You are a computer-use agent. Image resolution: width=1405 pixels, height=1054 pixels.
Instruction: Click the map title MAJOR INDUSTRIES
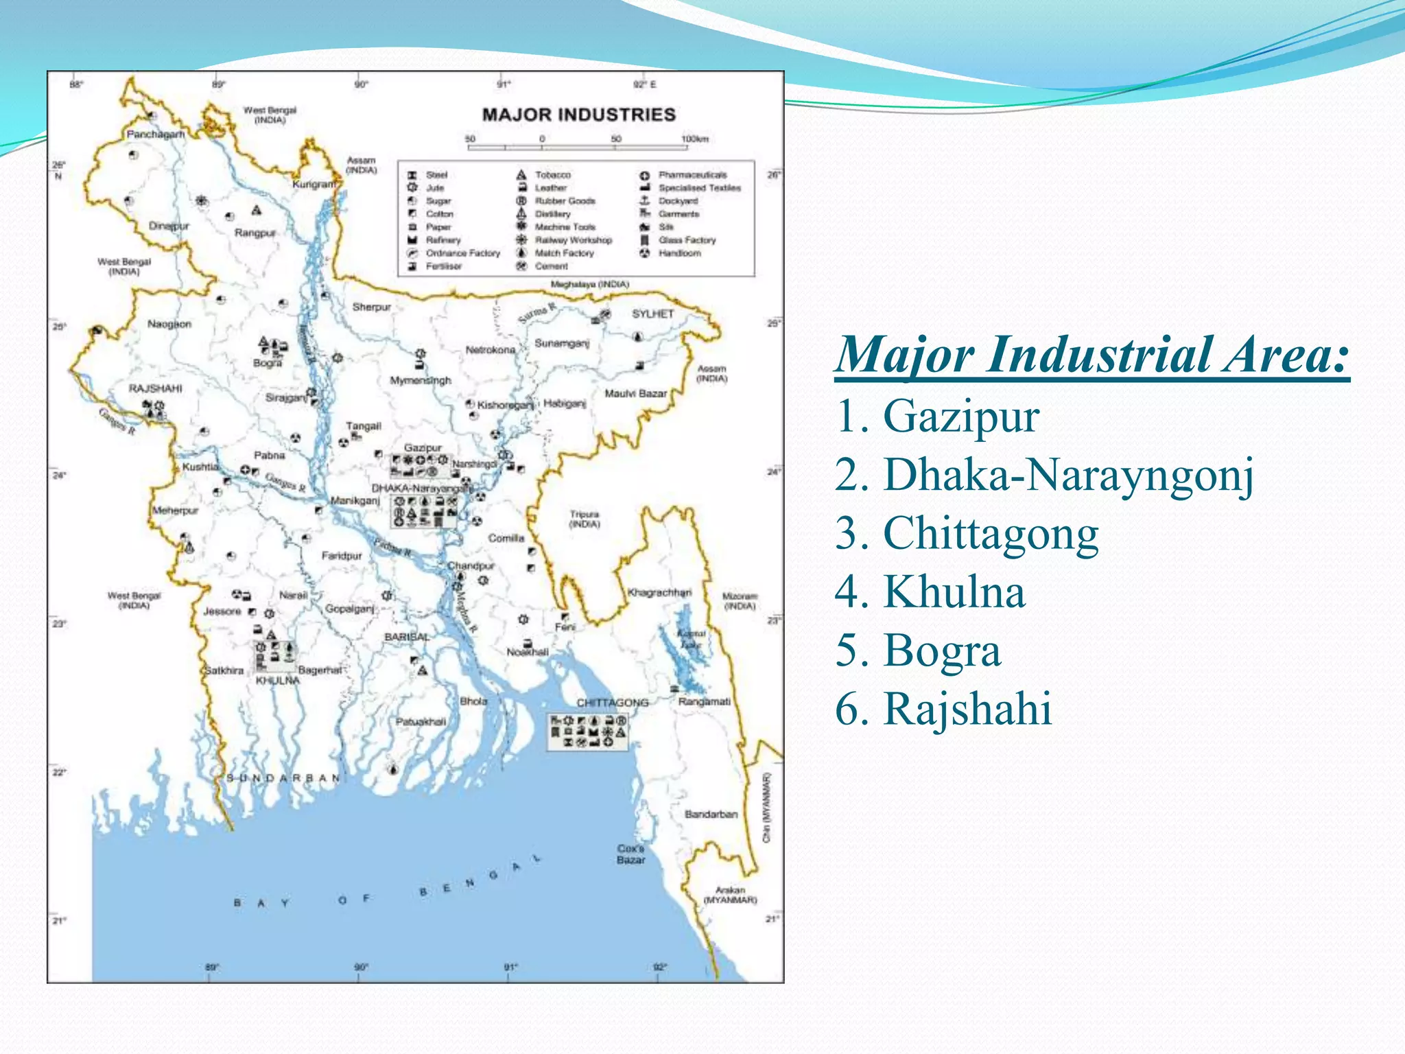pos(578,115)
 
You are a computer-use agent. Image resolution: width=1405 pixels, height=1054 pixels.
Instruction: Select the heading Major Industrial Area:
pos(1091,355)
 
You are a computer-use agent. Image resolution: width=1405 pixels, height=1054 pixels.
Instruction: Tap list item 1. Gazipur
pos(937,416)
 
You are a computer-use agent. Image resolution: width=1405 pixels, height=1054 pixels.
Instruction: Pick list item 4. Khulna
pos(930,592)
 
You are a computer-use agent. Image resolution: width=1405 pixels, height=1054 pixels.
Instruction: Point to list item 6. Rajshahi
pos(943,708)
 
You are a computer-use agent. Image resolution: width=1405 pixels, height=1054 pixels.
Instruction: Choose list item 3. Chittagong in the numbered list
pos(967,533)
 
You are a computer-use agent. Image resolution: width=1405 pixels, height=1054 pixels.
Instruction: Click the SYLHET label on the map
pos(652,314)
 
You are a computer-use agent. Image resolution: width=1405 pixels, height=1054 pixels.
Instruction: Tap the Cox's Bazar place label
pos(630,854)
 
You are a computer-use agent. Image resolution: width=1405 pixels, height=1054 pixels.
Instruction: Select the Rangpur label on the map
pos(255,233)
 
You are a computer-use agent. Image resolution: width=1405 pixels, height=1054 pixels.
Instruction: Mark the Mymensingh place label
pos(421,380)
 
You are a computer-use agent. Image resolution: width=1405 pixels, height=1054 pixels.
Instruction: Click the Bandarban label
pos(711,815)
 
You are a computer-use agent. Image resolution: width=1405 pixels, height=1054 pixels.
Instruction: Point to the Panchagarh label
pos(155,134)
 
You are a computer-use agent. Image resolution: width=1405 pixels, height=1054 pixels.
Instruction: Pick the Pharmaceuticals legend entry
pos(692,175)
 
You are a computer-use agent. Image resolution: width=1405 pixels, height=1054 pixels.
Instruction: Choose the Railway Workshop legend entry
pos(573,240)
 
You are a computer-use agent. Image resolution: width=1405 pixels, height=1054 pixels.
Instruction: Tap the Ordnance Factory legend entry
pos(462,253)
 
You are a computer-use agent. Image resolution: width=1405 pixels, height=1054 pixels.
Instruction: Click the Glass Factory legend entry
pos(687,240)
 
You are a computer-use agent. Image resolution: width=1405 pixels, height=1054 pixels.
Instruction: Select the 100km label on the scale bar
pos(694,139)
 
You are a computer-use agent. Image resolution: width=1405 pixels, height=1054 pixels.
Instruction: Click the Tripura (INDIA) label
pos(585,519)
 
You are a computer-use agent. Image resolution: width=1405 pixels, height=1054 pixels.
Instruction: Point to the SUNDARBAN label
pos(283,778)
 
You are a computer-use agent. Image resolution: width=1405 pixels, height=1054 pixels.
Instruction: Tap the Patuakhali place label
pos(421,722)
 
